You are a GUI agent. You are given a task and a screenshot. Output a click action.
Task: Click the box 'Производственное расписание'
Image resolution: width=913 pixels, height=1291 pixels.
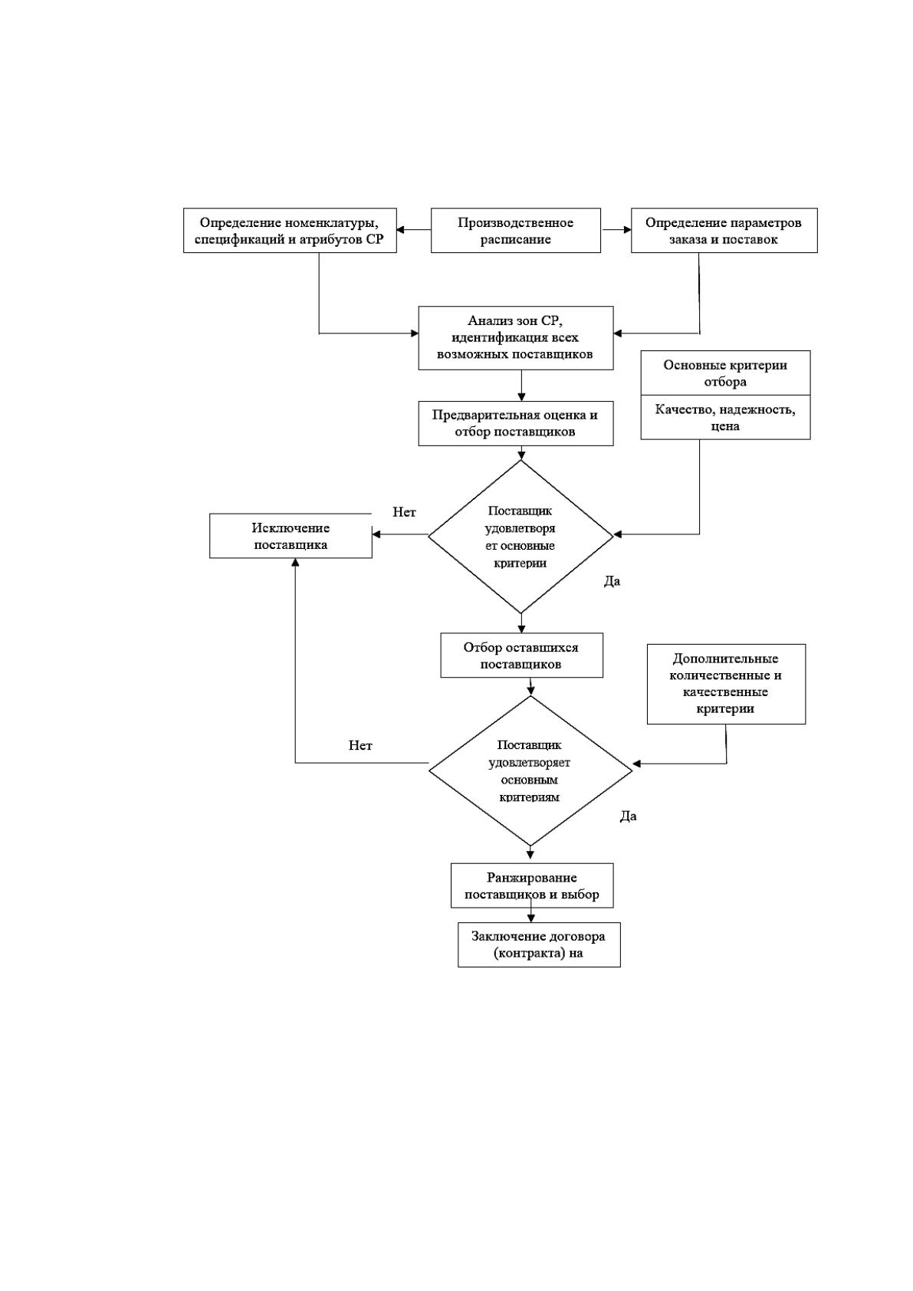515,231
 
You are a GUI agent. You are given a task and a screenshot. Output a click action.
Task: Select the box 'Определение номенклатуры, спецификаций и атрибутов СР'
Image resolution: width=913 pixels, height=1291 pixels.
290,231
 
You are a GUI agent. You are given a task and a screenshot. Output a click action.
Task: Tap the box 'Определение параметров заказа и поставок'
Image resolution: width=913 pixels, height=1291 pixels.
724,231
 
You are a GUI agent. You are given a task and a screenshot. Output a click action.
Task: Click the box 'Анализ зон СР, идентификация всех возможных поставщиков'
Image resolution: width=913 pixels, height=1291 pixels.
515,338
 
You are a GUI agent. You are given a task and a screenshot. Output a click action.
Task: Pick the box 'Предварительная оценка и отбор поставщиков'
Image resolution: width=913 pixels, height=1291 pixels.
515,424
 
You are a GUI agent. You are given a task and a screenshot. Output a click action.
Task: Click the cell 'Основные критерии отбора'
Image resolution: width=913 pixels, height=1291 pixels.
725,373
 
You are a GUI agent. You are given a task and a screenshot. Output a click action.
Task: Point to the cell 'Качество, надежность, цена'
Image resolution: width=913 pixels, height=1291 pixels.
725,417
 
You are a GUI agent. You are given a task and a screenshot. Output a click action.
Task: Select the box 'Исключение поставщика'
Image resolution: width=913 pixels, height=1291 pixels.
291,536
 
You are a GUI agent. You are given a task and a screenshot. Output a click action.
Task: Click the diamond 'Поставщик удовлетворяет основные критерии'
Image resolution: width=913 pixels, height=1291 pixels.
521,537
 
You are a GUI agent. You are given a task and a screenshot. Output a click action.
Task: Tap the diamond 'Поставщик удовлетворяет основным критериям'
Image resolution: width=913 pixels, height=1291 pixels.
530,771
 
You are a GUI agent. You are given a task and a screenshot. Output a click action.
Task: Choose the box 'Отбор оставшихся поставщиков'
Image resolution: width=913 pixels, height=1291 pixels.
521,655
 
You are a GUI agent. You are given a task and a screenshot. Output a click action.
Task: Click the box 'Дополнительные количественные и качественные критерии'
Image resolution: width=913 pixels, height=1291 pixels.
726,684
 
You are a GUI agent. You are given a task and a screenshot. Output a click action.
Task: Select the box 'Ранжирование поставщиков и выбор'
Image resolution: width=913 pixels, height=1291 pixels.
531,885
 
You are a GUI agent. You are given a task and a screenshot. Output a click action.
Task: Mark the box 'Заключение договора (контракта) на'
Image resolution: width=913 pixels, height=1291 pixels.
539,944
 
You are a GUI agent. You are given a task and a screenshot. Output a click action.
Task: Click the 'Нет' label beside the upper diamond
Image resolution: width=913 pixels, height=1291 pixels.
404,512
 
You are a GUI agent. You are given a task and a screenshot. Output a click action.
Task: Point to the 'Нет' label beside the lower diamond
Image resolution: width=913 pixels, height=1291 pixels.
360,746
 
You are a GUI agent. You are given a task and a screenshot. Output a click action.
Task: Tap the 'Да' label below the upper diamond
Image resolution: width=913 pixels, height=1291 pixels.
612,582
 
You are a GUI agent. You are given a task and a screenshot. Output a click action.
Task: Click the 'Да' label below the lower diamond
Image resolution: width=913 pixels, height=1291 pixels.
629,816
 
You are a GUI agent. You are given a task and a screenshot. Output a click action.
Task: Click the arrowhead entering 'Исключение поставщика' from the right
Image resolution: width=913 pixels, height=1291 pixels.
376,534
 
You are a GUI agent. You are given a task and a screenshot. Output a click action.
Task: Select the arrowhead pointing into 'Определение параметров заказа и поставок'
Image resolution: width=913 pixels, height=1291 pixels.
627,230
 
